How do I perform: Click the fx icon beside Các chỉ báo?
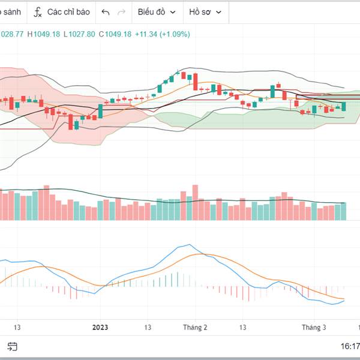(37, 12)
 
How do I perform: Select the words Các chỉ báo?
(68, 12)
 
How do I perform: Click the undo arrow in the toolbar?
(106, 12)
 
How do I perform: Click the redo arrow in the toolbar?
(122, 12)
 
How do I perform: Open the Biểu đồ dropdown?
(157, 12)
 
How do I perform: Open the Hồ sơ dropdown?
(205, 12)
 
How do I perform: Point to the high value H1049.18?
(47, 34)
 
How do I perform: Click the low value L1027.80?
(80, 34)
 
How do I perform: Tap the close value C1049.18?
(115, 34)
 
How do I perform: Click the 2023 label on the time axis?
(100, 327)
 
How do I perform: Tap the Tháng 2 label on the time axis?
(195, 327)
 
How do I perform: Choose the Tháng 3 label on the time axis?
(314, 327)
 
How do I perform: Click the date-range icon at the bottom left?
(13, 346)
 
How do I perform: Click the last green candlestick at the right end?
(344, 106)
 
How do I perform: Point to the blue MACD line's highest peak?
(189, 245)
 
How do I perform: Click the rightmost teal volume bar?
(344, 211)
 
